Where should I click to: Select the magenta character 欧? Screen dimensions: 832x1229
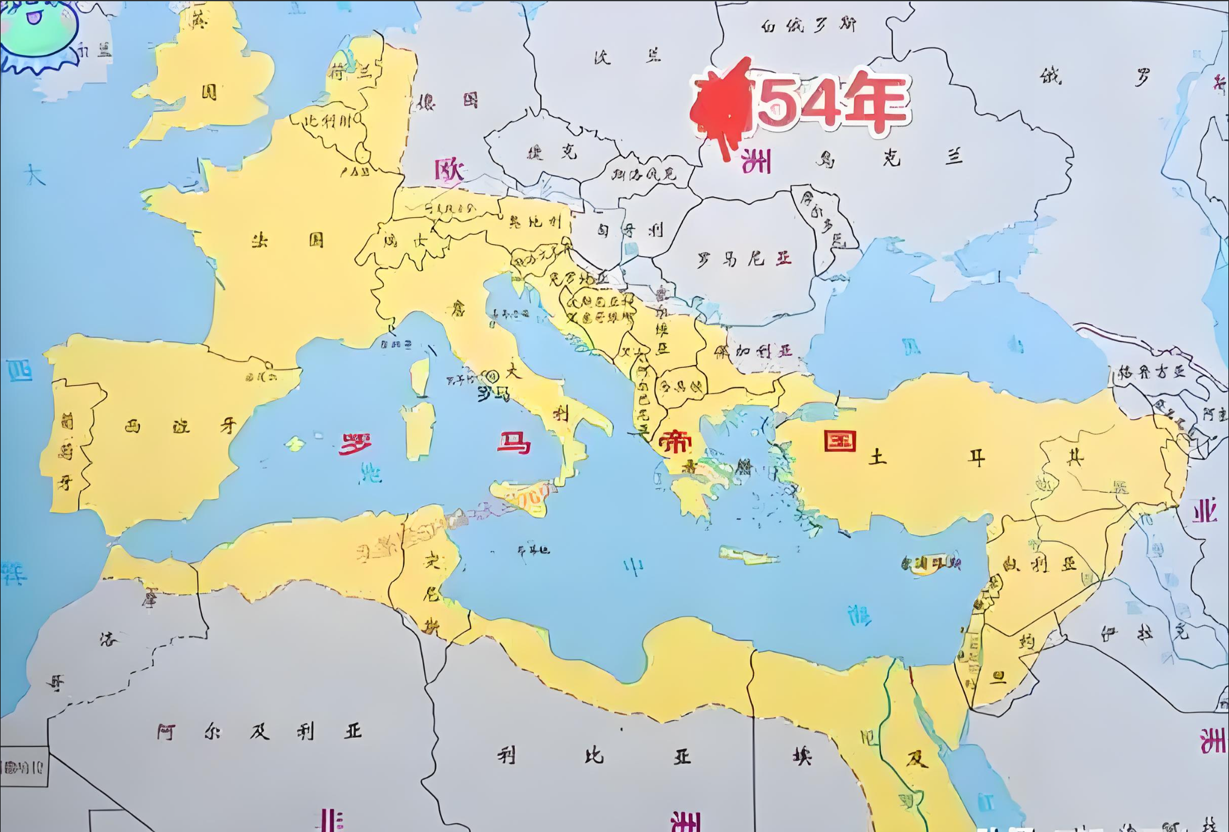pyautogui.click(x=450, y=170)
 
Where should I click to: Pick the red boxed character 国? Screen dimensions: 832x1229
pyautogui.click(x=840, y=440)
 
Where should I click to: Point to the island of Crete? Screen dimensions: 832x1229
pyautogui.click(x=748, y=556)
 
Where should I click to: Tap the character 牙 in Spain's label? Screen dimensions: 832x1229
pyautogui.click(x=228, y=425)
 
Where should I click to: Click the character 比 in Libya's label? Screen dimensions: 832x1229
pyautogui.click(x=593, y=755)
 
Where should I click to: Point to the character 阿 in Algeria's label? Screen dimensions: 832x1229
pyautogui.click(x=165, y=732)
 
